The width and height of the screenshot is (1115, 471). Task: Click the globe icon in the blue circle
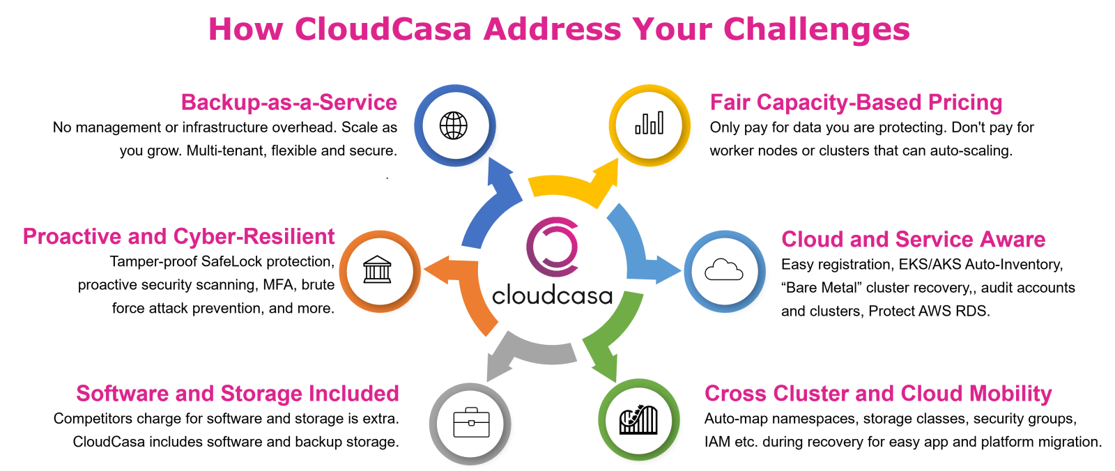(x=454, y=126)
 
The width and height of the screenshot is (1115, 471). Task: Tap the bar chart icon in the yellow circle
(x=649, y=125)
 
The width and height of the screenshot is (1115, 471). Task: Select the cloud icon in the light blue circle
(x=724, y=270)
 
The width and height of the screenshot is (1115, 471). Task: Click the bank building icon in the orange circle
(x=377, y=270)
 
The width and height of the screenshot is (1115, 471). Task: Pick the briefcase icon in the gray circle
(x=471, y=423)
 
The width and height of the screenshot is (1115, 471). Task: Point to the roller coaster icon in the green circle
(x=638, y=419)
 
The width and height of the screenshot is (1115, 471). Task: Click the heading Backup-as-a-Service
(x=289, y=102)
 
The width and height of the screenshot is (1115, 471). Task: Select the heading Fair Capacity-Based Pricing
(x=856, y=102)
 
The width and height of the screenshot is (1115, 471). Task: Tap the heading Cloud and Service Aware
(x=913, y=239)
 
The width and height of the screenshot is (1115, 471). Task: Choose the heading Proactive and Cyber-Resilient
(x=178, y=236)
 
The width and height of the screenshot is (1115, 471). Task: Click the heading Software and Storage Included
(x=238, y=393)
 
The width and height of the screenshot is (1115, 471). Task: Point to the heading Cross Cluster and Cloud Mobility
(x=878, y=393)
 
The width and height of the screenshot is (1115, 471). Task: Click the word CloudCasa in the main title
(x=382, y=29)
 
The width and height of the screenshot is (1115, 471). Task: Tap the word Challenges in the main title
(x=816, y=29)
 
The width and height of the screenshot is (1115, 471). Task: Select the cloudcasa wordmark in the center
(x=552, y=295)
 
